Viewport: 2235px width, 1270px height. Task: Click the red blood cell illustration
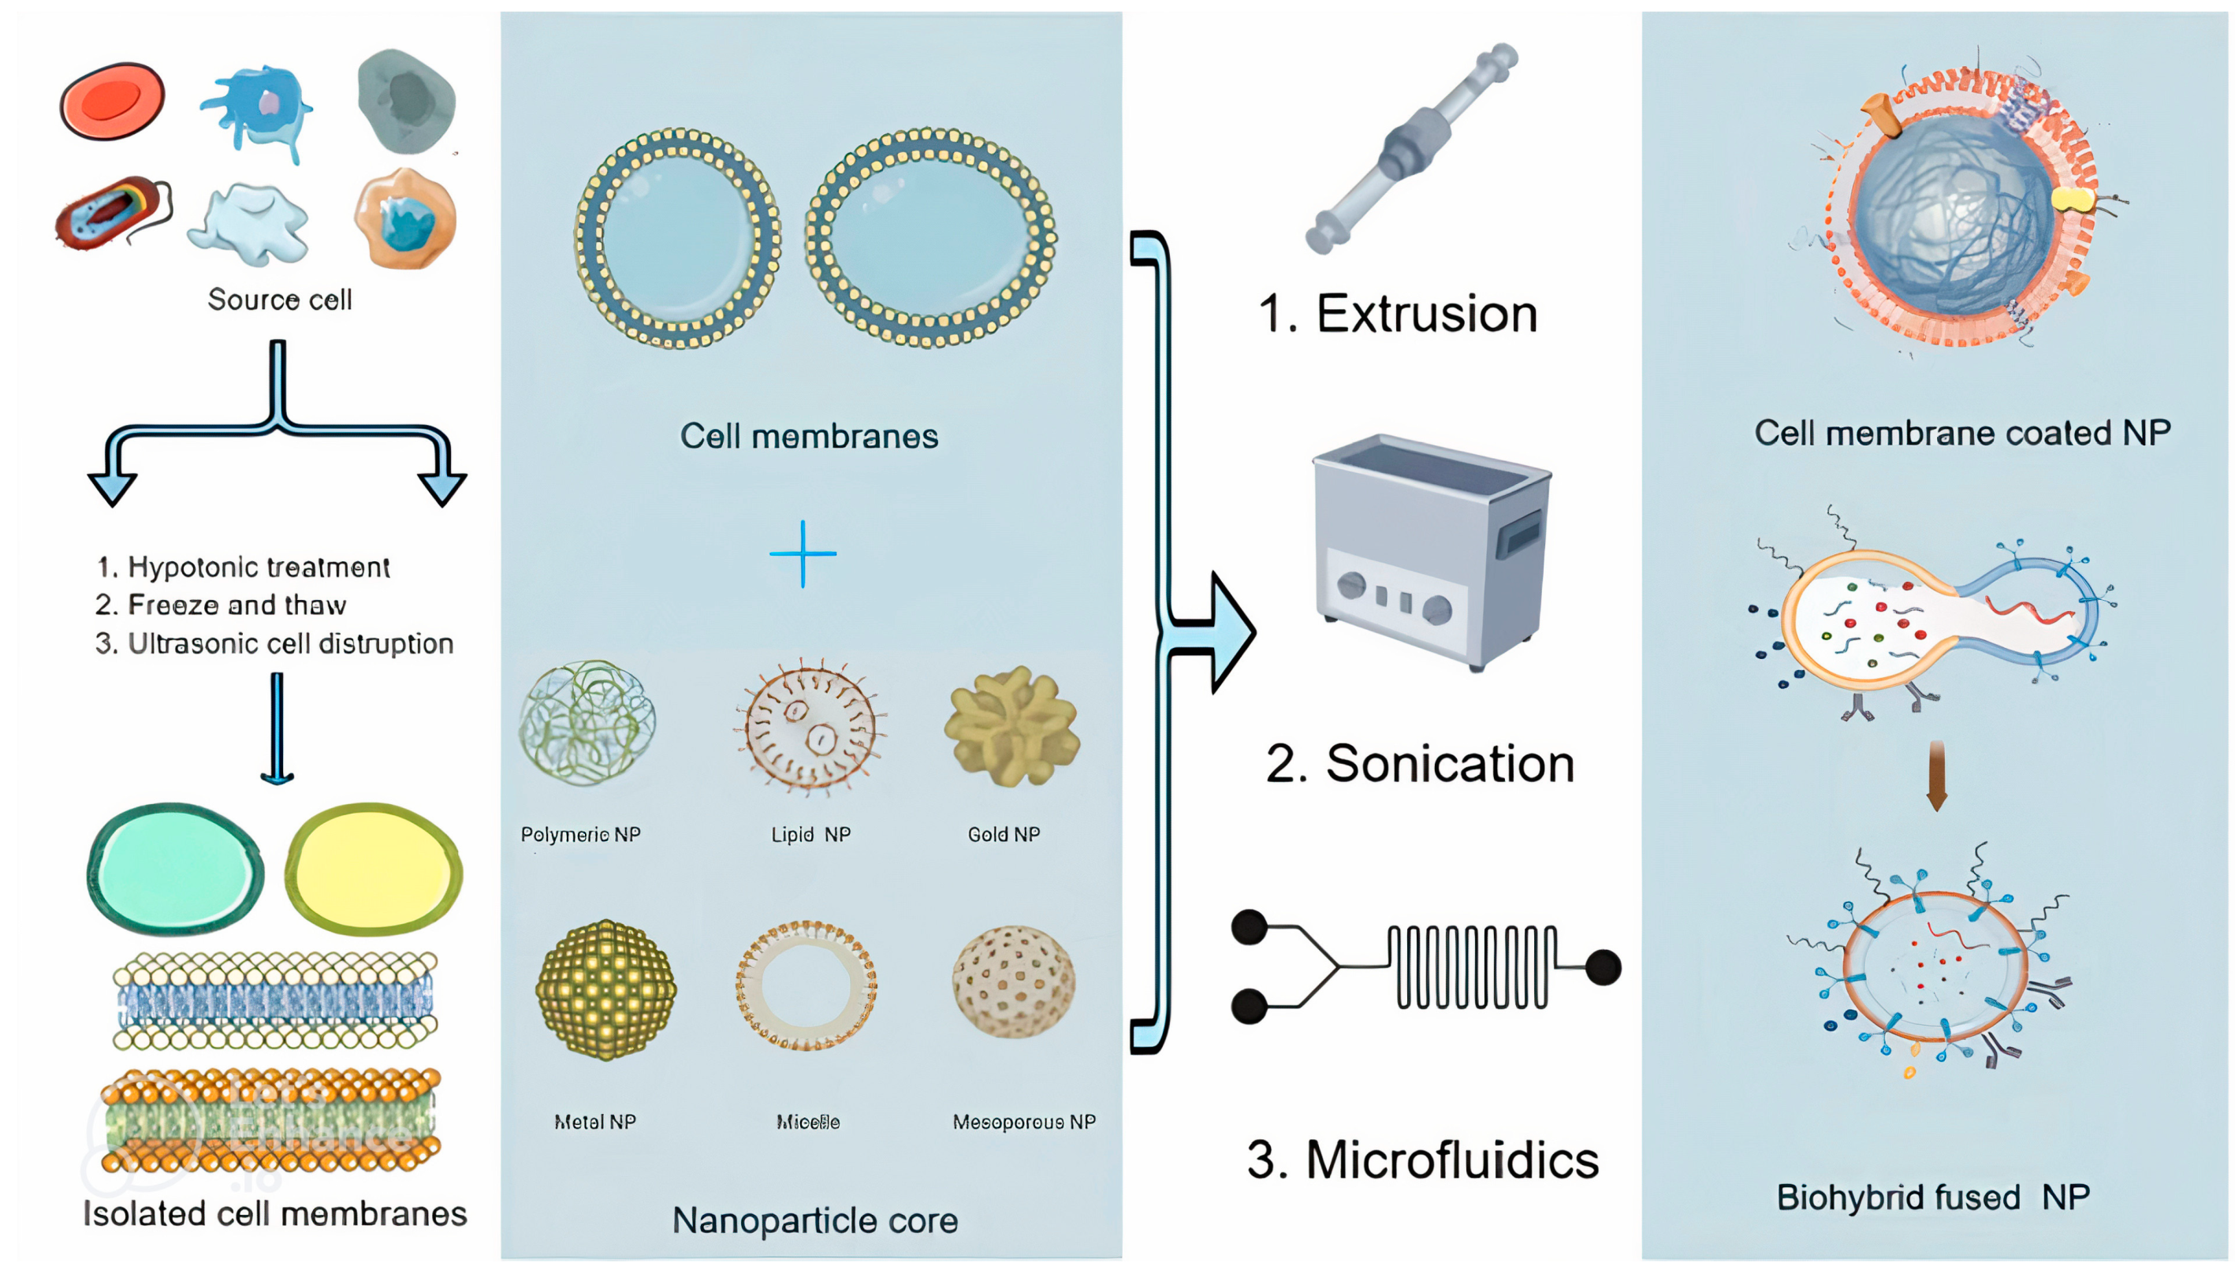pyautogui.click(x=112, y=100)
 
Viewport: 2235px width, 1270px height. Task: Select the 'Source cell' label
pyautogui.click(x=279, y=300)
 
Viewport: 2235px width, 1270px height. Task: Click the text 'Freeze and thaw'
pyautogui.click(x=236, y=605)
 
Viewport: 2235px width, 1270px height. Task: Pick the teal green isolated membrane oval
pyautogui.click(x=175, y=869)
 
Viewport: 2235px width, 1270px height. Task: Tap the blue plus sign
pyautogui.click(x=803, y=553)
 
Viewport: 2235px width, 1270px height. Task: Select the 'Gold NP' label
pyautogui.click(x=1003, y=834)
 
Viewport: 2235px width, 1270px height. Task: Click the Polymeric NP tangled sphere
pyautogui.click(x=587, y=722)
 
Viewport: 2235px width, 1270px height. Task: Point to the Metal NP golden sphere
pyautogui.click(x=605, y=989)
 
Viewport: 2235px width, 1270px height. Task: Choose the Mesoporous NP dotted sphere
pyautogui.click(x=1012, y=981)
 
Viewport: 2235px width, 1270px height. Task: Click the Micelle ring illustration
pyautogui.click(x=806, y=984)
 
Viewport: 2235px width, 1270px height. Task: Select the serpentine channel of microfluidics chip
pyautogui.click(x=1471, y=966)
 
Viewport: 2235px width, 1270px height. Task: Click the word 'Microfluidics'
pyautogui.click(x=1451, y=1160)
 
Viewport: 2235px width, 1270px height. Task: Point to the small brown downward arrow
pyautogui.click(x=1936, y=775)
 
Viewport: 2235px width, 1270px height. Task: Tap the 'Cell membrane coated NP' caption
pyautogui.click(x=1961, y=433)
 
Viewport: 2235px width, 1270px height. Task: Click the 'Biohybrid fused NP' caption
pyautogui.click(x=1932, y=1197)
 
